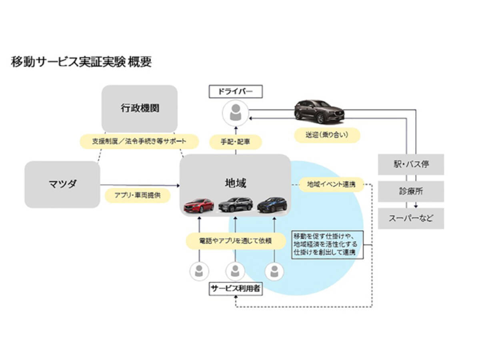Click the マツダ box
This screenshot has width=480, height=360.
pos(62,184)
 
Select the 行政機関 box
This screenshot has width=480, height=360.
pos(139,108)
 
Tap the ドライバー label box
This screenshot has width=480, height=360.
pos(235,92)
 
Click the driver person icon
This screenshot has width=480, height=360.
pos(235,112)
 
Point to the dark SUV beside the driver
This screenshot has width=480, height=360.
pos(319,111)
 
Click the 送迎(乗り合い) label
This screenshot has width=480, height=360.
pos(327,135)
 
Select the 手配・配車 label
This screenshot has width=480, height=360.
pos(236,141)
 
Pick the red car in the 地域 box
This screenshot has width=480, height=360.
pos(198,205)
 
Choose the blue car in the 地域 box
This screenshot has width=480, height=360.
pos(272,204)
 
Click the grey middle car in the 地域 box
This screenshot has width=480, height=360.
pos(235,204)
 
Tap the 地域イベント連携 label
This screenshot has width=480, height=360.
pos(331,184)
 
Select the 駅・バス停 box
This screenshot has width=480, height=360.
pos(411,164)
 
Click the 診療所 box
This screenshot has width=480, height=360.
pos(411,191)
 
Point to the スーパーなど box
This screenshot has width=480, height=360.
pos(411,218)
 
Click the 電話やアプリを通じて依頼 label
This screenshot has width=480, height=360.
pos(236,241)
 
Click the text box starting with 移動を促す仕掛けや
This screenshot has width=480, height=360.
pos(327,244)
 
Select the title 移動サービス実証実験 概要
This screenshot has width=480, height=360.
pos(81,62)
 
